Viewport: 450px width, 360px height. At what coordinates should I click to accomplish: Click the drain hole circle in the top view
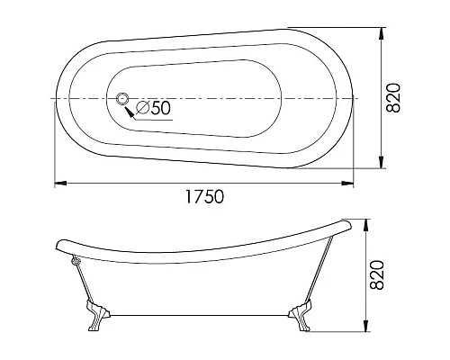(124, 98)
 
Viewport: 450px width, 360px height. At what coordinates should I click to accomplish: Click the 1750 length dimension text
(204, 195)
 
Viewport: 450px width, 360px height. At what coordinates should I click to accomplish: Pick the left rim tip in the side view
(58, 243)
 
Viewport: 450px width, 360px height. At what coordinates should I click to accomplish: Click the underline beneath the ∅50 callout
(154, 119)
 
